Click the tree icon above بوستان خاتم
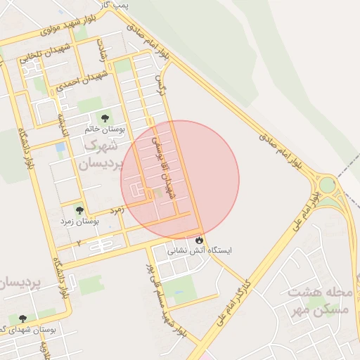(x=105, y=118)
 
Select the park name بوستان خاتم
(x=105, y=129)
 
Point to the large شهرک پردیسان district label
(x=103, y=154)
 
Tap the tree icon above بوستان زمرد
(x=79, y=209)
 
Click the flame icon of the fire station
(x=199, y=240)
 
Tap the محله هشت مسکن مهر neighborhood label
(x=320, y=300)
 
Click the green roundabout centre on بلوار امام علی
(x=328, y=186)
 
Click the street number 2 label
(x=79, y=243)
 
